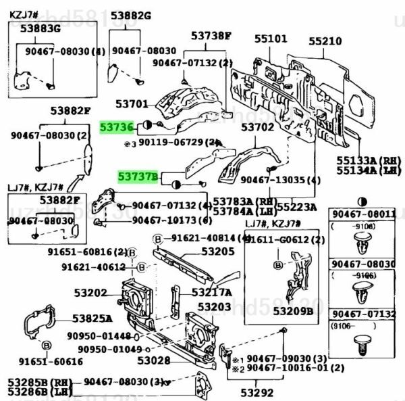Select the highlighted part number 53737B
138,177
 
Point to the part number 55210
325,41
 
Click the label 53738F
209,36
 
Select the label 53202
90,293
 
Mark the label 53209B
294,311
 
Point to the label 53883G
40,28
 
